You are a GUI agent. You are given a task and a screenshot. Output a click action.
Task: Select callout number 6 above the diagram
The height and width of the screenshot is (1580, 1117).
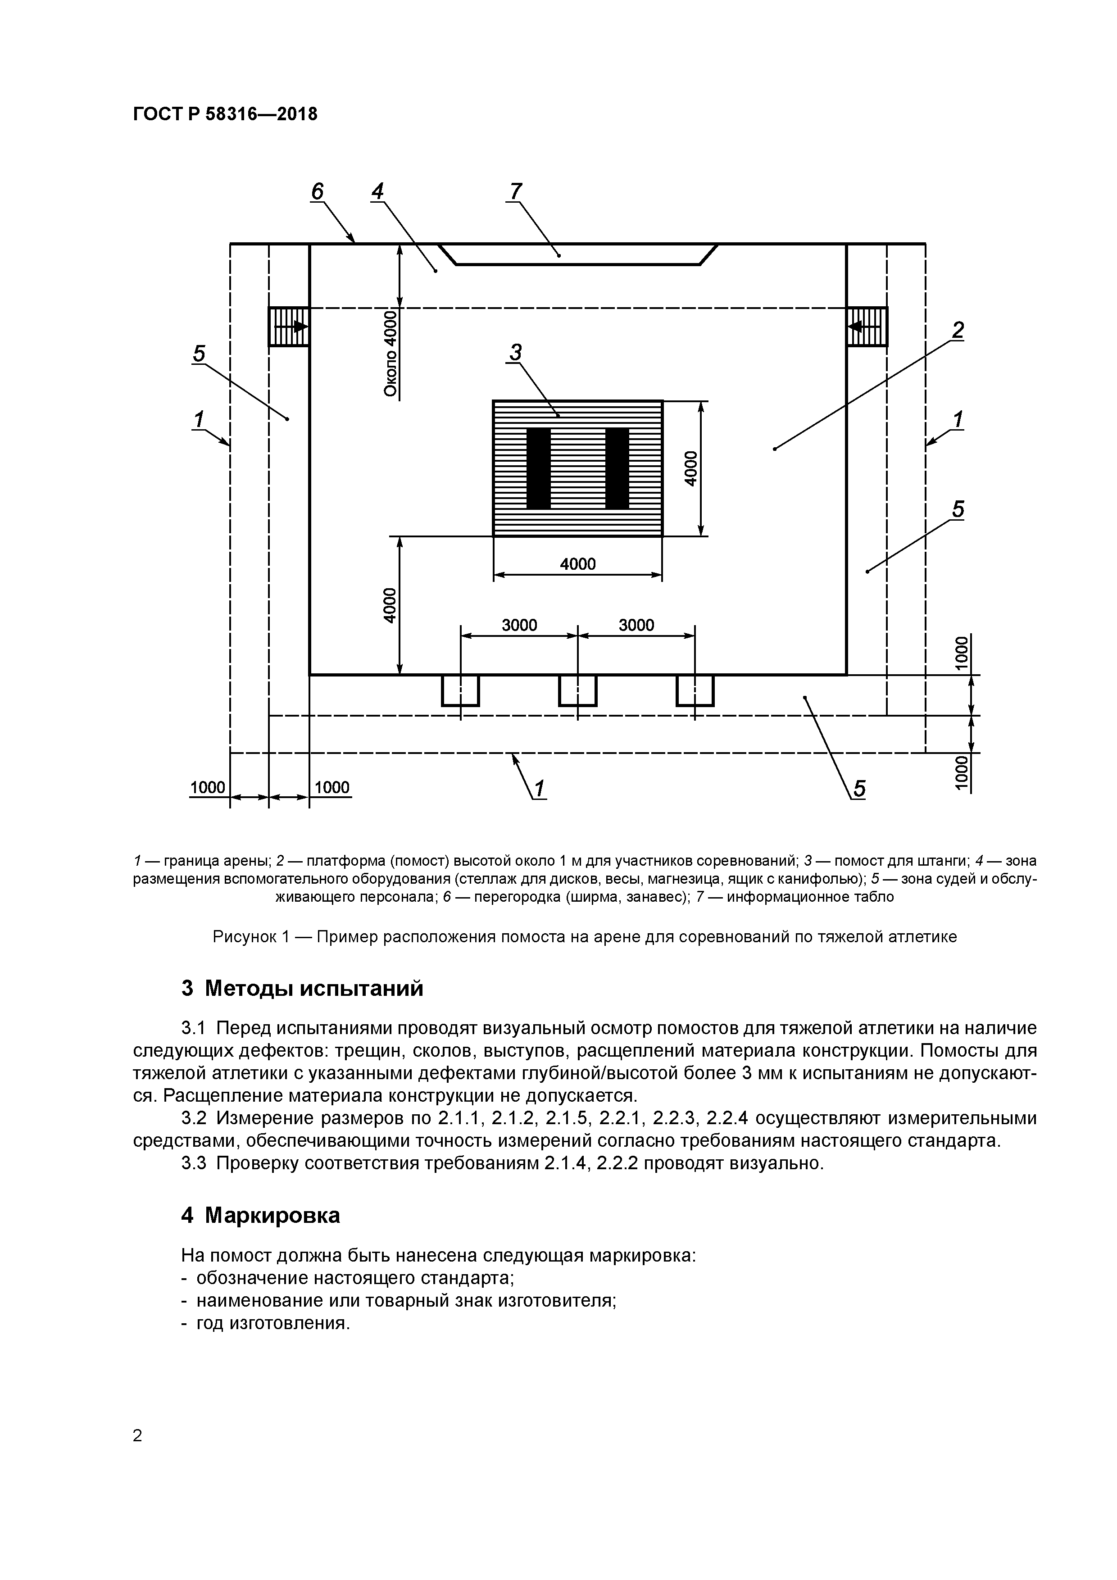tap(317, 192)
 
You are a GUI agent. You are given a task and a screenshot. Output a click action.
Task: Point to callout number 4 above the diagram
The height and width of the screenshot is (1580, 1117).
tap(377, 191)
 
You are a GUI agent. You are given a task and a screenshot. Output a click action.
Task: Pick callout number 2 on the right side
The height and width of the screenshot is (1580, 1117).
tap(957, 331)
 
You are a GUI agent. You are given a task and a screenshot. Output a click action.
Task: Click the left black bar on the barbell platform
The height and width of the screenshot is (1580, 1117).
tap(538, 468)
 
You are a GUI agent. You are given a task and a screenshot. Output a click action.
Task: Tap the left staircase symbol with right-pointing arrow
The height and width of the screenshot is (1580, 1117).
tap(288, 326)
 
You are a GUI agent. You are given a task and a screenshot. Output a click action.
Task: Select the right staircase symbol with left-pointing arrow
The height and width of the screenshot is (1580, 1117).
tap(867, 326)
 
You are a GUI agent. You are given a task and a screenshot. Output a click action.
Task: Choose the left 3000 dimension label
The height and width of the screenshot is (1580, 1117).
tap(519, 625)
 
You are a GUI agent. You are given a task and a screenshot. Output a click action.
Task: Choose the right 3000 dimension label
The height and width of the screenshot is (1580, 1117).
tap(636, 625)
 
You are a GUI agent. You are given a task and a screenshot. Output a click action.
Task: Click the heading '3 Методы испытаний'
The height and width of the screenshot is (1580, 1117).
tap(302, 989)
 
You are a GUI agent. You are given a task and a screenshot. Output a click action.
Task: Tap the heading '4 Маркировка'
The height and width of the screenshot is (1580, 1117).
tap(260, 1216)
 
